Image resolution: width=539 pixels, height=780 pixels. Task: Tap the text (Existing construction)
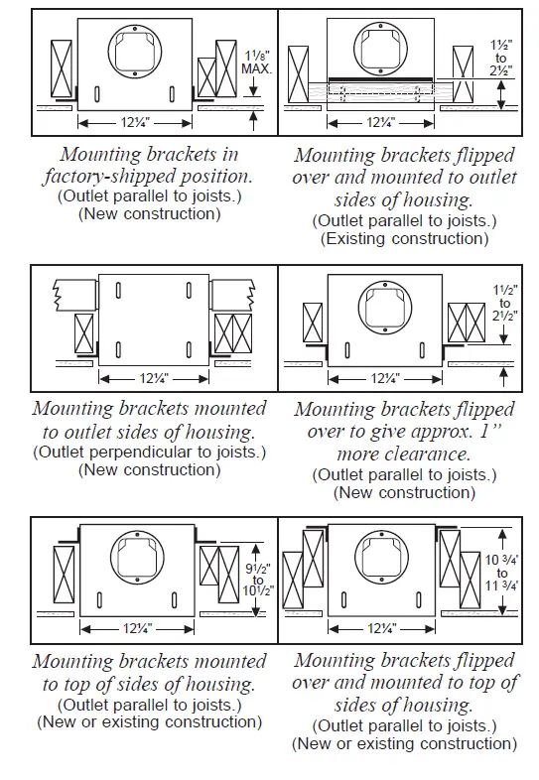pyautogui.click(x=404, y=238)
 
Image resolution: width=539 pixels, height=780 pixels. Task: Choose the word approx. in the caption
pyautogui.click(x=430, y=432)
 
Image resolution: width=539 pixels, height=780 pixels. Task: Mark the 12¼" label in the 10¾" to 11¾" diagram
pyautogui.click(x=382, y=629)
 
